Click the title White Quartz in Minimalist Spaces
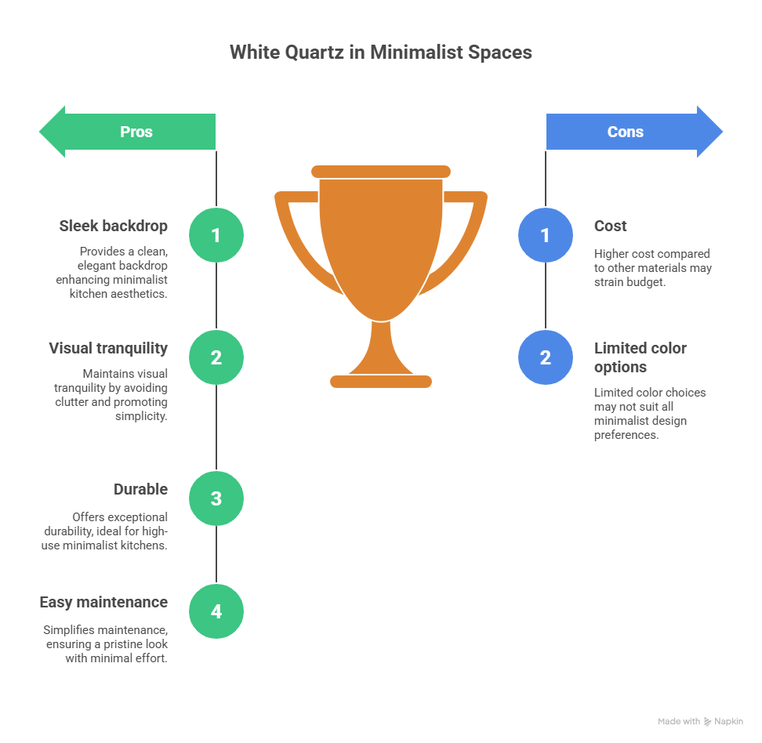(380, 53)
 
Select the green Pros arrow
(128, 132)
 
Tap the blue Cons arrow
(634, 132)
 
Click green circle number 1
(216, 235)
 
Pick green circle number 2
(216, 357)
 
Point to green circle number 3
(216, 498)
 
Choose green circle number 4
(216, 611)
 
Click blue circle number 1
(546, 235)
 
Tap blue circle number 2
(546, 357)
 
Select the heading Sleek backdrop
(114, 226)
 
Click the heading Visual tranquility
(108, 348)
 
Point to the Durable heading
(140, 489)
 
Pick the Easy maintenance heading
(103, 602)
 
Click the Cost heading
(610, 226)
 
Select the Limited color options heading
(640, 357)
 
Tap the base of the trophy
(381, 381)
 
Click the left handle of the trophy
(292, 235)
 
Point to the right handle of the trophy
(470, 235)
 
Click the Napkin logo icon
(708, 721)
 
